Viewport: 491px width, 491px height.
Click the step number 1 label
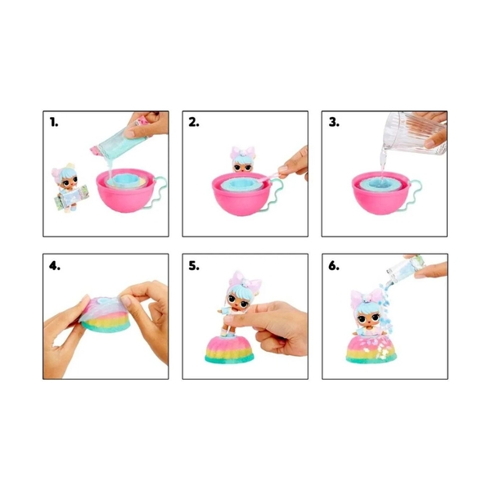click(x=54, y=122)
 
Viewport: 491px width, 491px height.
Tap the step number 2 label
click(x=194, y=122)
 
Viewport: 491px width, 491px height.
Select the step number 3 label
click(x=334, y=122)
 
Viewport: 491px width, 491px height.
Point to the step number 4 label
click(x=55, y=266)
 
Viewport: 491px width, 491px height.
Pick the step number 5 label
click(x=194, y=266)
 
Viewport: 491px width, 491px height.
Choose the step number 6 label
click(x=334, y=266)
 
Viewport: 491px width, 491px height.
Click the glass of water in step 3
click(x=414, y=133)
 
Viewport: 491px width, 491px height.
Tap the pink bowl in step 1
click(x=125, y=191)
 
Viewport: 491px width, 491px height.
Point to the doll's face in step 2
click(x=242, y=166)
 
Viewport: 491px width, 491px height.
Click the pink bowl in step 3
click(x=381, y=193)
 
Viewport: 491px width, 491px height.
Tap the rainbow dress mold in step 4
click(x=105, y=313)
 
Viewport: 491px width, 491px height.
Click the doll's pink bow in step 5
click(x=245, y=280)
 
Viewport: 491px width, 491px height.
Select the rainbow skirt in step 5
click(x=229, y=349)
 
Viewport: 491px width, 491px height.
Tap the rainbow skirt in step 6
click(x=372, y=348)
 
